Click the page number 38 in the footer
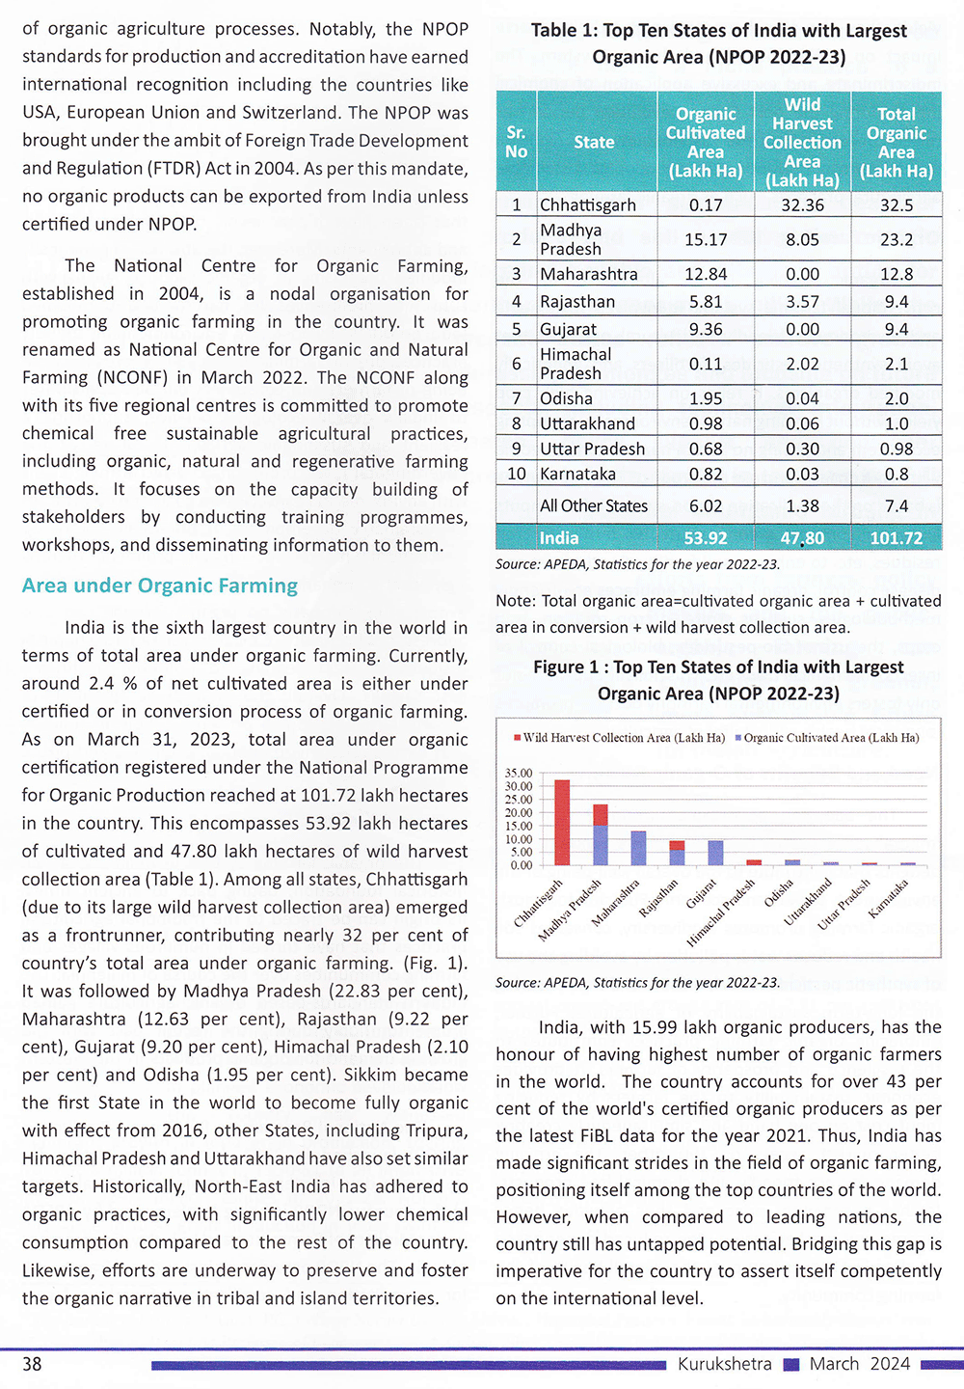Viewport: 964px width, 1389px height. [x=32, y=1364]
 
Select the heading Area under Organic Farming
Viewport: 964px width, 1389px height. [x=160, y=586]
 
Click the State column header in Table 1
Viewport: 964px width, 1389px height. [x=594, y=142]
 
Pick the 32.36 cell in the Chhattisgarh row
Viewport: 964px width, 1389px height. [x=802, y=204]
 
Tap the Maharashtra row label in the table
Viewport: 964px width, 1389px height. [x=588, y=274]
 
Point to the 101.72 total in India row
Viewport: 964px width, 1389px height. [x=897, y=538]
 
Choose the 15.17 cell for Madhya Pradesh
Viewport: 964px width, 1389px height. [x=706, y=239]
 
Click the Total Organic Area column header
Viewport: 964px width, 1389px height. [x=897, y=142]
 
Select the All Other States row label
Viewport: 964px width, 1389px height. [x=594, y=505]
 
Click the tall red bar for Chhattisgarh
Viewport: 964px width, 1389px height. [x=562, y=822]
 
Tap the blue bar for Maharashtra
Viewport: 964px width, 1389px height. [x=638, y=848]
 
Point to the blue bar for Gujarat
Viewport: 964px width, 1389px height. [x=715, y=853]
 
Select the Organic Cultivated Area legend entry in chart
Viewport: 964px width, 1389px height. [x=830, y=738]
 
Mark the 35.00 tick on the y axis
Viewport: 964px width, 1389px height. [x=519, y=774]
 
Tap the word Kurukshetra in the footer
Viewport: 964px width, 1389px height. [x=725, y=1364]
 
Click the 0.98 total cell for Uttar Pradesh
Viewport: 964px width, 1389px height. [x=897, y=449]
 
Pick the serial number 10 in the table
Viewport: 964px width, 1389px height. [x=517, y=474]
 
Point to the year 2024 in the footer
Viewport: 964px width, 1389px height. [x=890, y=1364]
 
